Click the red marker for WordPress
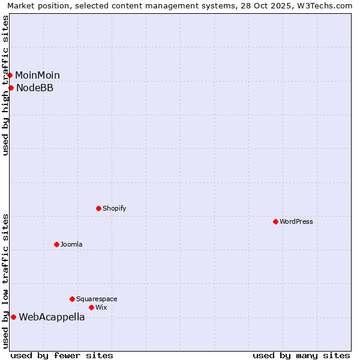(275, 221)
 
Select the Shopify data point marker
(98, 208)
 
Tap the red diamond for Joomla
(56, 244)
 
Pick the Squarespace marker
(72, 299)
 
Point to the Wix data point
(91, 307)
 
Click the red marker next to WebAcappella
(13, 317)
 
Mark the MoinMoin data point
(10, 75)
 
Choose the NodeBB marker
(11, 88)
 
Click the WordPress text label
(296, 221)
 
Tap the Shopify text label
(115, 208)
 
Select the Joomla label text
(71, 244)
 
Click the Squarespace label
(97, 299)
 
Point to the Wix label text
(101, 307)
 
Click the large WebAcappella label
(52, 317)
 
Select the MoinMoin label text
(37, 76)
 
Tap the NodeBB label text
(35, 88)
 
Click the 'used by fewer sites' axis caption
(62, 355)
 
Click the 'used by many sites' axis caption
(301, 355)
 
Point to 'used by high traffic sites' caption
(5, 85)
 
